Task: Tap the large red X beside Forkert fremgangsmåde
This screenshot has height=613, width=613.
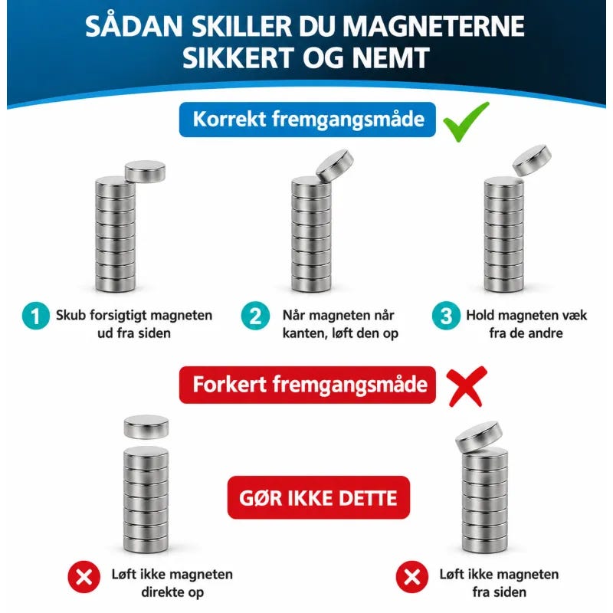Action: (467, 386)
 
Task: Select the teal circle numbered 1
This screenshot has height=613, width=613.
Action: (36, 316)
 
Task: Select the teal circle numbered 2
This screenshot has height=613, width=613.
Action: (255, 316)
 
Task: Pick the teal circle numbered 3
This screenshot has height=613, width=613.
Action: (446, 316)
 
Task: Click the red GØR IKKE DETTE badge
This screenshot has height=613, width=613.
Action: (318, 497)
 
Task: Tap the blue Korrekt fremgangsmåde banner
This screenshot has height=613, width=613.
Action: (307, 120)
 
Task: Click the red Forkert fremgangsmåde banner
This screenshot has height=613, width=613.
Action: (307, 385)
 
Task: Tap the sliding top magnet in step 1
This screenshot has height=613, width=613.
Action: (145, 172)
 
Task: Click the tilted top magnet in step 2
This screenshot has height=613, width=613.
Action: (335, 166)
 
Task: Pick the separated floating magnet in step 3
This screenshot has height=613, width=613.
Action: (532, 160)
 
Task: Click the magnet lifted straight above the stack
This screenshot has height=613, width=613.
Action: (146, 427)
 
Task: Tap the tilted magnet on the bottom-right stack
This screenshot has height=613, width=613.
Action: (479, 437)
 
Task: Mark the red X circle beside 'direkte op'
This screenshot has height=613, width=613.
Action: (84, 577)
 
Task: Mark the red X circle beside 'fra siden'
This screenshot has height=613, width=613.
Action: (411, 577)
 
